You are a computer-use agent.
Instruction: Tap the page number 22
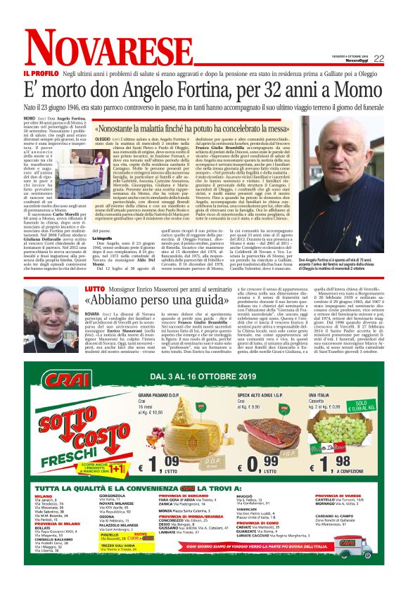coord(378,58)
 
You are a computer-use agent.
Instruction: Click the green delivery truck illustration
coord(364,546)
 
